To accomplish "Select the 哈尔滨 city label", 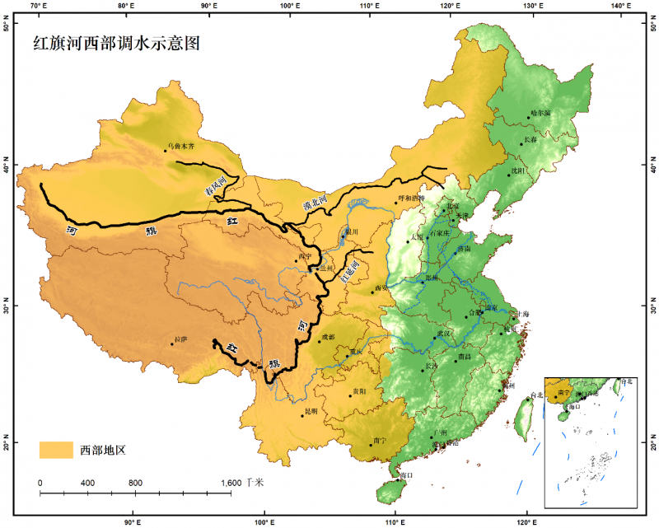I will (540, 112).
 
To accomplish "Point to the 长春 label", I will (534, 140).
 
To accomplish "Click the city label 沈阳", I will (518, 171).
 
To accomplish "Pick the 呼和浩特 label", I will (411, 199).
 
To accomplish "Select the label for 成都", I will (329, 336).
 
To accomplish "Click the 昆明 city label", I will (311, 410).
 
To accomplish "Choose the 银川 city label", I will (350, 232).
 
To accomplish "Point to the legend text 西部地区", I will (102, 449).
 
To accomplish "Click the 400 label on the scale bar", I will (88, 482).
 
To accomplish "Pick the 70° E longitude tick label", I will (38, 7).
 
